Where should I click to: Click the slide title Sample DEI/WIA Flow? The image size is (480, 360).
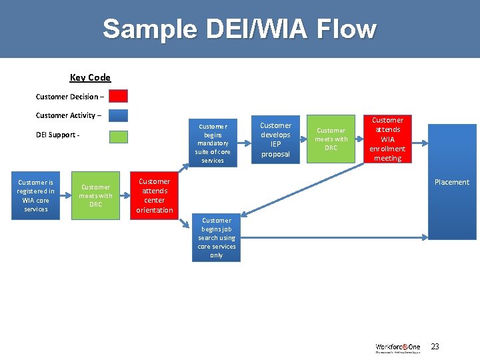(239, 29)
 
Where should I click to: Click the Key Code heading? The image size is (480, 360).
(90, 77)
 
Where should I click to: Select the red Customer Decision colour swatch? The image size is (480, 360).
(118, 96)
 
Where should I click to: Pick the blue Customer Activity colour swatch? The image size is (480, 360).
(118, 115)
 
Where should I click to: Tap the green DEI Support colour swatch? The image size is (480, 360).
(118, 137)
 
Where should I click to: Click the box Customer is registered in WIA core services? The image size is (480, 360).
(36, 196)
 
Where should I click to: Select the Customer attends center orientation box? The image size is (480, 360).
(154, 196)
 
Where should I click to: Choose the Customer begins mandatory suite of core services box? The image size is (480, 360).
(213, 143)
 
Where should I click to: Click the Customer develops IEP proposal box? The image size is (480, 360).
(275, 139)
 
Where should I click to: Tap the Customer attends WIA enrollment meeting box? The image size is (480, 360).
(387, 139)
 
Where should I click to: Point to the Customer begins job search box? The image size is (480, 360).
(216, 237)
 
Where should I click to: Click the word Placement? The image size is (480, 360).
(452, 182)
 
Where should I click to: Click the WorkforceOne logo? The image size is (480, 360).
(397, 347)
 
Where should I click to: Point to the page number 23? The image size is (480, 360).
(435, 347)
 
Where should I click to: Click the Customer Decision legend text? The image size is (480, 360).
(69, 97)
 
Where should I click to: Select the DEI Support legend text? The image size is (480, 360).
(58, 135)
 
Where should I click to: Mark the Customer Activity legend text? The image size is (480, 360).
(69, 115)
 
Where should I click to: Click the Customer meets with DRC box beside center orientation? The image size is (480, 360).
(95, 196)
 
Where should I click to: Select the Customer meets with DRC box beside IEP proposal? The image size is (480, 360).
(331, 139)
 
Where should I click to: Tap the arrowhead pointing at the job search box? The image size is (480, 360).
(244, 213)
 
